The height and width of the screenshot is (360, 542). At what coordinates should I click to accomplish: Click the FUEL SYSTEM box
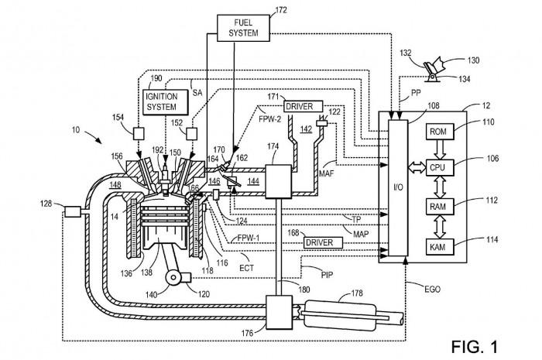point(243,28)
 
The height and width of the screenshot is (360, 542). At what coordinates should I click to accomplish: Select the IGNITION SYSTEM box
point(166,101)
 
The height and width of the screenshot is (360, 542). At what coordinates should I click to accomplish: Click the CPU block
point(440,167)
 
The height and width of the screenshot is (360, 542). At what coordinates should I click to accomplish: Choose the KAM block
point(440,247)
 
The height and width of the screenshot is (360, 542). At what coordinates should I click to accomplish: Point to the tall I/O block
point(398,187)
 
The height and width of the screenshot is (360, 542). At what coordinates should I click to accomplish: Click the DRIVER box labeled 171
point(304,106)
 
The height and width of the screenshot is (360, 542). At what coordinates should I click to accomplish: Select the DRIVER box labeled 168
point(323,242)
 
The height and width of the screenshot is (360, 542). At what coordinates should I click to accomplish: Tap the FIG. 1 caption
point(474,346)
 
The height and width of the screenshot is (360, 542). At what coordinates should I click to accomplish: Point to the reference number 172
point(280,10)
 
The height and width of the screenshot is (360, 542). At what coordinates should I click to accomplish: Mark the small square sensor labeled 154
point(139,133)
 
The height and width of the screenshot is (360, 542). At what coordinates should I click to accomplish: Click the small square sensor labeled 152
point(191,133)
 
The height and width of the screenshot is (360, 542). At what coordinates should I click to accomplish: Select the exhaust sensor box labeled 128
point(72,211)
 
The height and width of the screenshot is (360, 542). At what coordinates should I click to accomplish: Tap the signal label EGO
point(432,289)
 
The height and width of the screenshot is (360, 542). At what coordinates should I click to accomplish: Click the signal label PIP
point(327,275)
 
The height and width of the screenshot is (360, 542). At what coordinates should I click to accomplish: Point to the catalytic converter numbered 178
point(339,314)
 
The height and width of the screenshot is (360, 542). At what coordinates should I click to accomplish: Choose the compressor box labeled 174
point(278,182)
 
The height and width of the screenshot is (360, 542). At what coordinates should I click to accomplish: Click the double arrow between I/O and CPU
point(417,168)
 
